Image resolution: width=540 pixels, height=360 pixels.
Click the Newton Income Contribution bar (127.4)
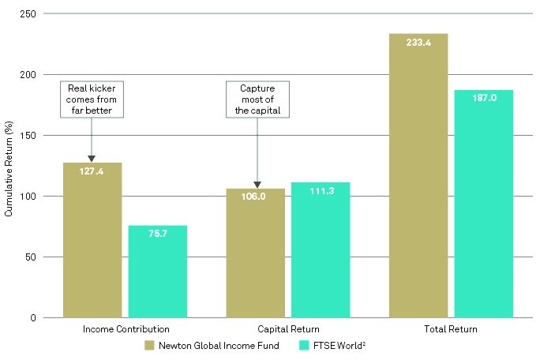point(92,240)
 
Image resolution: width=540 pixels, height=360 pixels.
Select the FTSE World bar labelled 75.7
point(158,272)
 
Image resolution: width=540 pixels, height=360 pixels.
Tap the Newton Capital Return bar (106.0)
point(256,253)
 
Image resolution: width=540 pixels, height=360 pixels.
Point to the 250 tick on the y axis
point(29,13)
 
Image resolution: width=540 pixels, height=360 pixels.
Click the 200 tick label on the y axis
point(29,74)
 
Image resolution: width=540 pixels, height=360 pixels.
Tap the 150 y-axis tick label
point(29,135)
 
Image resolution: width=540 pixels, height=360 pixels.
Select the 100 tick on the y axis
point(29,196)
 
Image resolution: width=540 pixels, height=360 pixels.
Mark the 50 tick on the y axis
point(32,257)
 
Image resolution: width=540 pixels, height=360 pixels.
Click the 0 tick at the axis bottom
point(34,317)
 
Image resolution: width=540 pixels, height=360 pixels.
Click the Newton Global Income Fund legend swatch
point(149,345)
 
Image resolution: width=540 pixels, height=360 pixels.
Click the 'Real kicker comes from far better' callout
point(93,99)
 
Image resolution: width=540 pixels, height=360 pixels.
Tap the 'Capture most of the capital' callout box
point(257,99)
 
